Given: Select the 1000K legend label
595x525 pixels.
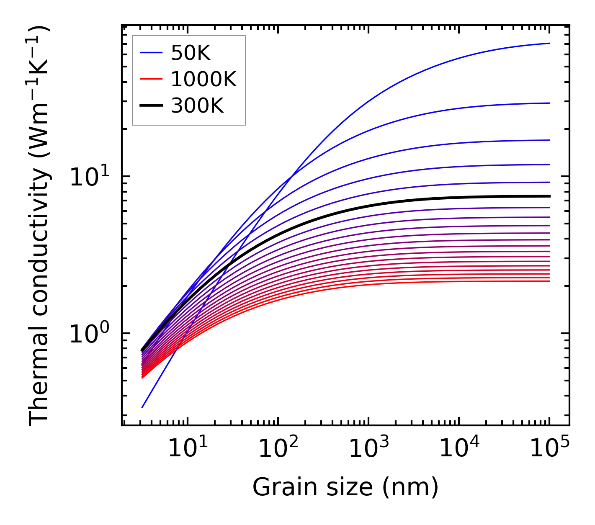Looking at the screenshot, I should pos(203,79).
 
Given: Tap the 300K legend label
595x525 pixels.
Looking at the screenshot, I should pos(197,106).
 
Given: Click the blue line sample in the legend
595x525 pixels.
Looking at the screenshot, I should pos(151,53).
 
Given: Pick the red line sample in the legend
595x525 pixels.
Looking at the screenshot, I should pos(151,79).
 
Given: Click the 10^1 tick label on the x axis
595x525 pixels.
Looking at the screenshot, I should pos(187,449).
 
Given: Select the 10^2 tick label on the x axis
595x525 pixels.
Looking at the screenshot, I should pos(278,449).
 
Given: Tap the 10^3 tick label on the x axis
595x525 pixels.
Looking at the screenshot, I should pos(368,449).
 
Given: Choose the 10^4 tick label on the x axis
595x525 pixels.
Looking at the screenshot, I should pos(459,449).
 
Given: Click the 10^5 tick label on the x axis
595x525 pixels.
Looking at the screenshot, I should pos(549,449).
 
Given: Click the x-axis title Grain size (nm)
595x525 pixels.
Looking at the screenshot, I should pos(345,487).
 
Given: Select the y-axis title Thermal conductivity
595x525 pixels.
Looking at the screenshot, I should pos(40,225).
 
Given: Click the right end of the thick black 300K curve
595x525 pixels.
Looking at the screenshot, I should pos(549,196).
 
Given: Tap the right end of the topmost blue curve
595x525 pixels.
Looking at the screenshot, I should pos(549,43).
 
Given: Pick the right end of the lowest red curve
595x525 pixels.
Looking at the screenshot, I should pos(549,281).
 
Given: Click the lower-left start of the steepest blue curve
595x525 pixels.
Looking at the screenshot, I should pos(142,407).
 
